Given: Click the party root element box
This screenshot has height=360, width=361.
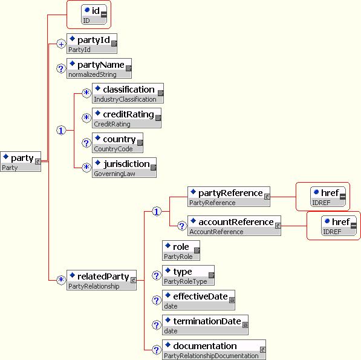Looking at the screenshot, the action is point(21,162).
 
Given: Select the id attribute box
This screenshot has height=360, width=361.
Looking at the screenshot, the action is point(94,15).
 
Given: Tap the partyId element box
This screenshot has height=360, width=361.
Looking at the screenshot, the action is point(92,44).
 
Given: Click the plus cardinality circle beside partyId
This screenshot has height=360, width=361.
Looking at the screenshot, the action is point(61,44).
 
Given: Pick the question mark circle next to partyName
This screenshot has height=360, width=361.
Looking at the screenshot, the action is point(61,68).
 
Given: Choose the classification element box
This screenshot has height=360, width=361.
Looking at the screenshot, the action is point(128,93).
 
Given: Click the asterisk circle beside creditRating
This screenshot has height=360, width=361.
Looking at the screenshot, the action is point(86,118).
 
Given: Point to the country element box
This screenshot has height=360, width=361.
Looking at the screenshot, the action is point(117,143).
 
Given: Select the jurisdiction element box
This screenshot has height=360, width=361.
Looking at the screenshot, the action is point(124,168).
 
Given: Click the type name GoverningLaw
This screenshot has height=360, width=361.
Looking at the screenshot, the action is point(114,174).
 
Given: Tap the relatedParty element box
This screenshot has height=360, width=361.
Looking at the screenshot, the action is point(102,280).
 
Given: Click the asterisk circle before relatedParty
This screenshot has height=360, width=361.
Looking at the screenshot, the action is point(61,280).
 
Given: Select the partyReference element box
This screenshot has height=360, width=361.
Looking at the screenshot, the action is point(229,197).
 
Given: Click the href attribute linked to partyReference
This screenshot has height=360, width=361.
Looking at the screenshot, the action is point(328,197).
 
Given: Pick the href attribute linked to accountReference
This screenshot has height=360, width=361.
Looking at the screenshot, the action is point(339,226).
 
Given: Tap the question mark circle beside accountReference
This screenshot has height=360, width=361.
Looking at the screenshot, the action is point(182,226).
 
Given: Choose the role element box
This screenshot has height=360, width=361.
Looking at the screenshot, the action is point(181,250).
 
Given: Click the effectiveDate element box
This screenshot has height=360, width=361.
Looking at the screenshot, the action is point(199,300).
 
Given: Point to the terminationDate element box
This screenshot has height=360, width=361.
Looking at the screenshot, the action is point(205,325).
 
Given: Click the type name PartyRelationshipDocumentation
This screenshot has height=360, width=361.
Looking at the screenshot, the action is point(211,356).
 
